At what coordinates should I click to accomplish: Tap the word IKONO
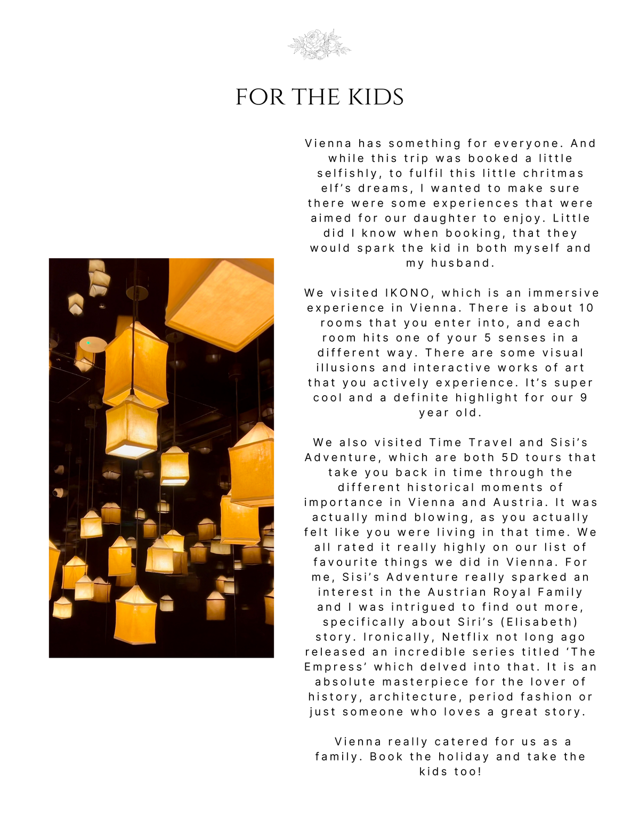pos(407,293)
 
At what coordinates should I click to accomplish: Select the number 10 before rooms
pos(586,308)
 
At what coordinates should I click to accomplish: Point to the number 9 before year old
pos(584,397)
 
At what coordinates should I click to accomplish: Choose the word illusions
pos(346,367)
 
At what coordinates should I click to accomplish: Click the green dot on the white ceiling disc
pos(88,343)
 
